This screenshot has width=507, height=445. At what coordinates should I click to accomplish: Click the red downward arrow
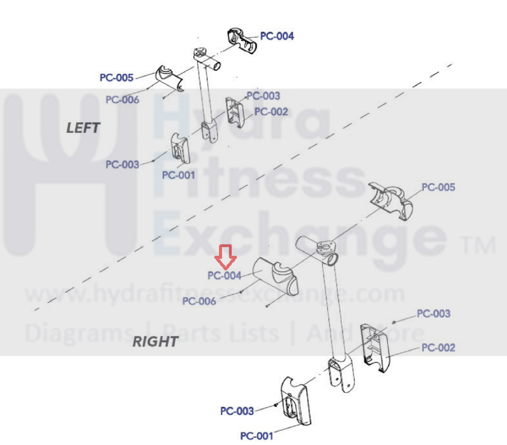[225, 256]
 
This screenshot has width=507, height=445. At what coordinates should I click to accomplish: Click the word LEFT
[83, 128]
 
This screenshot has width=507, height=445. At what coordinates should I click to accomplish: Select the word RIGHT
[155, 341]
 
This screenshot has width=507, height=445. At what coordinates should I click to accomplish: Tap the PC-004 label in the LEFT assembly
[277, 36]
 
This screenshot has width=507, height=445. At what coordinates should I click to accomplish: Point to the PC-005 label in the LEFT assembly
[116, 78]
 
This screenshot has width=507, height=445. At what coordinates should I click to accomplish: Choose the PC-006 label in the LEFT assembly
[122, 99]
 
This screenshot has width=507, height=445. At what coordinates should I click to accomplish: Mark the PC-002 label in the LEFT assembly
[271, 112]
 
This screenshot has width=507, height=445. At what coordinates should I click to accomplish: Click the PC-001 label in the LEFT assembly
[178, 175]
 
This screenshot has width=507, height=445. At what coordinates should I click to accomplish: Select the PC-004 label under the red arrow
[224, 275]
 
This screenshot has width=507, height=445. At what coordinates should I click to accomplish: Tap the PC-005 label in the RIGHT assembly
[438, 187]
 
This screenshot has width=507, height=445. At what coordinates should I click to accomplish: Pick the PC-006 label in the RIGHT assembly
[199, 301]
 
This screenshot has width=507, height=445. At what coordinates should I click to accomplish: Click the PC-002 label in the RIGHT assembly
[438, 348]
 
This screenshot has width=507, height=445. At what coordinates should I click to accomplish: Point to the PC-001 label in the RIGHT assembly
[257, 436]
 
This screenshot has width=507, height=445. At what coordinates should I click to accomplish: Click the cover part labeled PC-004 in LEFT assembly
[241, 40]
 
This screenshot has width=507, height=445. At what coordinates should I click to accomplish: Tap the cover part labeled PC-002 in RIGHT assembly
[375, 347]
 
